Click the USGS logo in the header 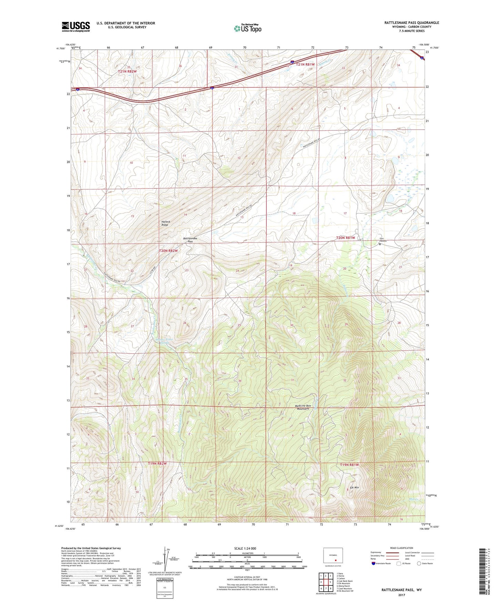coord(76,27)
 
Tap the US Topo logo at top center coord(248,28)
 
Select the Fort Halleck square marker coord(380,244)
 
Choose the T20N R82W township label coord(168,251)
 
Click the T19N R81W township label coord(349,465)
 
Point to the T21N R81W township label coord(305,64)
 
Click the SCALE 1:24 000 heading coord(245,548)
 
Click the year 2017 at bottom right coord(401,595)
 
